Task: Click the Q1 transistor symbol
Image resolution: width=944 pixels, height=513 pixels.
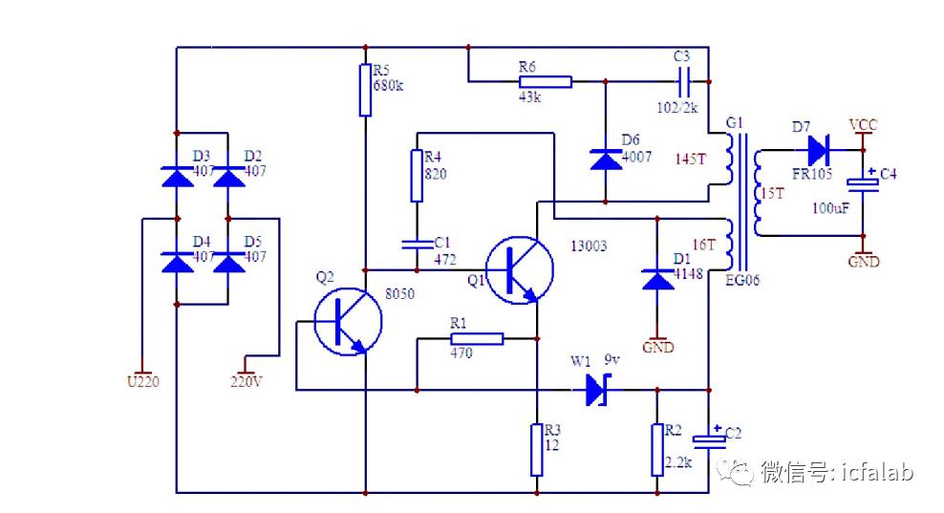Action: [519, 269]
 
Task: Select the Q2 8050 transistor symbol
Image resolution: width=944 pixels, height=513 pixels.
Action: [348, 322]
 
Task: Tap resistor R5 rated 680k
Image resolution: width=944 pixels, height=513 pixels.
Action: [365, 90]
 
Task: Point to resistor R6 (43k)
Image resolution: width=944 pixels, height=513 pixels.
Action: [545, 81]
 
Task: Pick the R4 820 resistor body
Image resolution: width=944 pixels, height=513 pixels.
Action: [417, 176]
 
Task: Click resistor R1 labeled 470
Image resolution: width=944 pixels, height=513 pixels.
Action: [477, 338]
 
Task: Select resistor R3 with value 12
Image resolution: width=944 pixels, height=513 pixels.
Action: [536, 450]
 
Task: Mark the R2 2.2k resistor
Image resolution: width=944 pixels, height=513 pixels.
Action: [657, 450]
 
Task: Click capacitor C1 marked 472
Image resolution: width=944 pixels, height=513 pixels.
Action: [417, 244]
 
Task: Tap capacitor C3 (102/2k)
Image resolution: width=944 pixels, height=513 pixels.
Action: [684, 81]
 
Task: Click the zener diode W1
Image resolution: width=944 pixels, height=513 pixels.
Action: [598, 390]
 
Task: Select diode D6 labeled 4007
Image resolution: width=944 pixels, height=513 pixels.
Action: [606, 160]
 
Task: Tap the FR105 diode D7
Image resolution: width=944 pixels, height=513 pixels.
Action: [818, 150]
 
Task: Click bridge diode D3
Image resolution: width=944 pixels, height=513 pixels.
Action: [177, 177]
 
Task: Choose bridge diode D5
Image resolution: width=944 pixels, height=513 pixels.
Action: [228, 263]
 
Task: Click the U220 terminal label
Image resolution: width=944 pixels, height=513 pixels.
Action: [142, 382]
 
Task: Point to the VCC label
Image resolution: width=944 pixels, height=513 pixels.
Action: [863, 125]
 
